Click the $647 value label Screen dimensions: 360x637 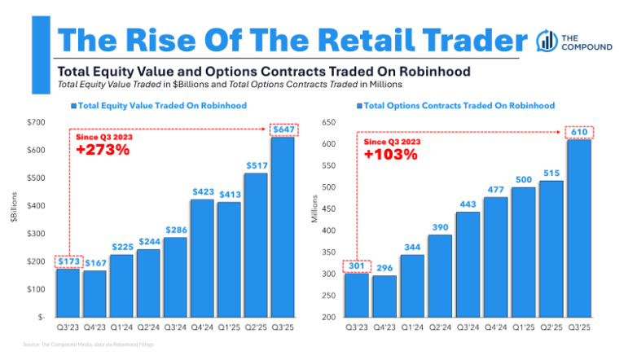(x=283, y=129)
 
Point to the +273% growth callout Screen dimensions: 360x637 (x=103, y=150)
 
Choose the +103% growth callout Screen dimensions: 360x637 (x=390, y=154)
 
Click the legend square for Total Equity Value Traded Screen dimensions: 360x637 (x=73, y=106)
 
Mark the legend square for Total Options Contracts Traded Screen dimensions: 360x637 (x=359, y=106)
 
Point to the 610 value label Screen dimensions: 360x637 (x=579, y=132)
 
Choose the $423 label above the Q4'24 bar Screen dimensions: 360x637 (x=203, y=192)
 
